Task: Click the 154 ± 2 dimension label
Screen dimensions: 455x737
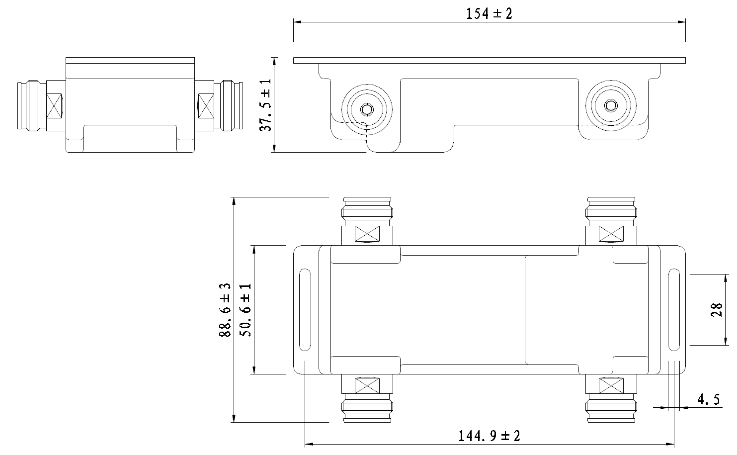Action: coord(489,13)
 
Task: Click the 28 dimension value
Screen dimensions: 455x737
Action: coord(716,310)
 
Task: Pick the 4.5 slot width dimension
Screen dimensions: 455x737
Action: coord(709,400)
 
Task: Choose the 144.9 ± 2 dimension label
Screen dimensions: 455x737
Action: coord(490,437)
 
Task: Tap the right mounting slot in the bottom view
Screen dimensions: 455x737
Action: coord(673,311)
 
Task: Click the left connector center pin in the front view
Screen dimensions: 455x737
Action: coord(367,109)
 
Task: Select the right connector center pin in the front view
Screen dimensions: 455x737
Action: coord(609,105)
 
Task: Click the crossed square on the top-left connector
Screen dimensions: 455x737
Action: coord(367,234)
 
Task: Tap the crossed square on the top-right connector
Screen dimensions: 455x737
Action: coord(611,233)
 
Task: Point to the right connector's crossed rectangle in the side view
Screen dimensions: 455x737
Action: coord(205,105)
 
